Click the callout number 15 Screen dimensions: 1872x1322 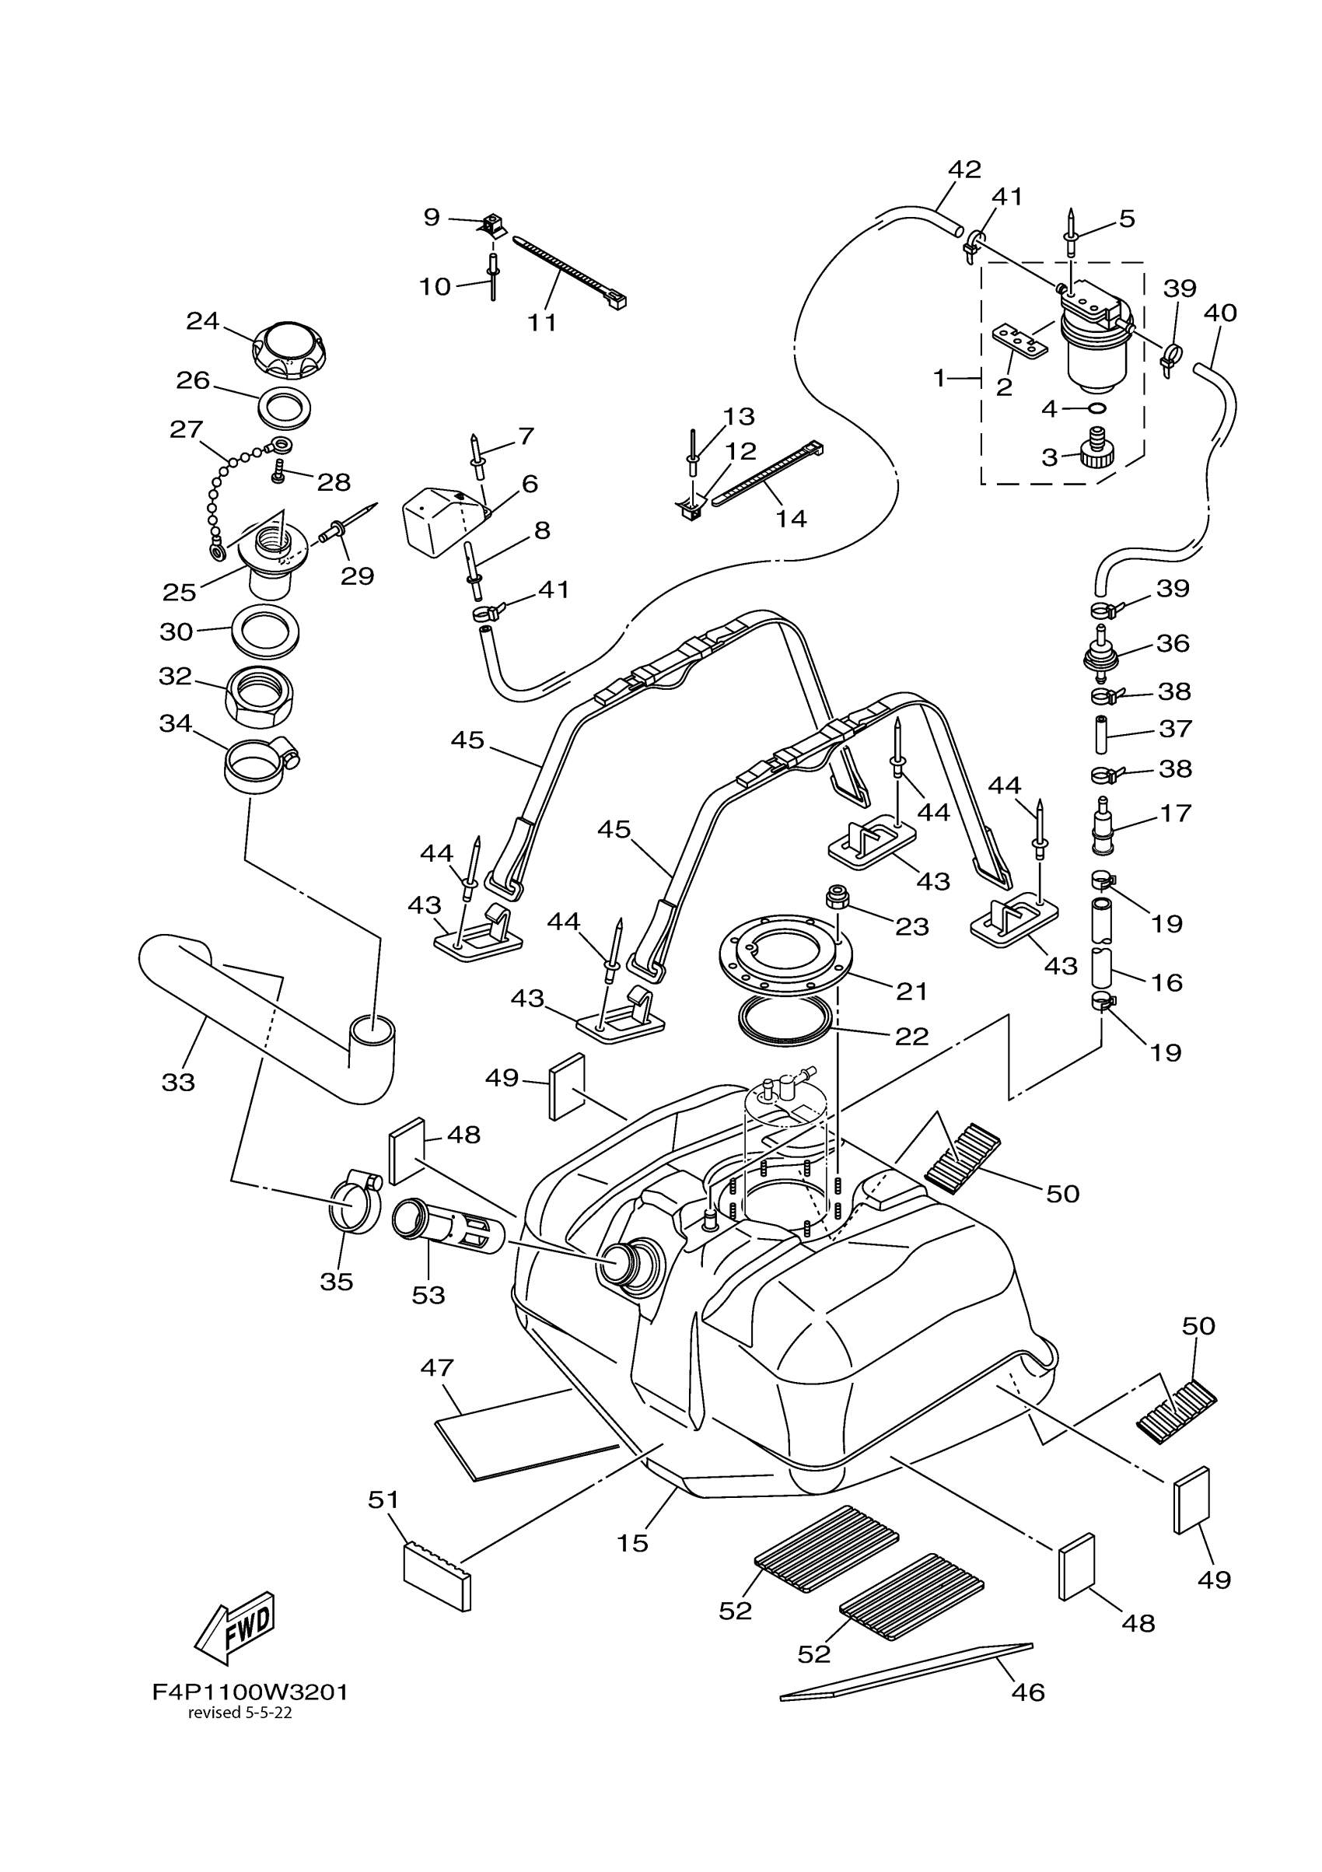click(631, 1542)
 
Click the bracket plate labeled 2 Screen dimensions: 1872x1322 click(1019, 341)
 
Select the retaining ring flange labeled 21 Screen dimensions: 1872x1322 click(785, 949)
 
